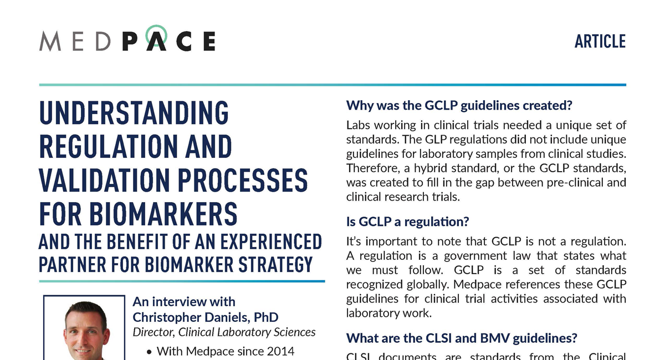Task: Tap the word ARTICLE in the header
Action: (600, 42)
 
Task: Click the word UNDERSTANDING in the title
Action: (134, 114)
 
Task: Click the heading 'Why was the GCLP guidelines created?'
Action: (458, 105)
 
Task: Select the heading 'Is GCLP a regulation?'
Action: (407, 222)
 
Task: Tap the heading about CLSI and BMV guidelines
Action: (461, 338)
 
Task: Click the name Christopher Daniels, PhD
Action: (205, 317)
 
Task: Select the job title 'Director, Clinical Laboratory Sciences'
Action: (224, 332)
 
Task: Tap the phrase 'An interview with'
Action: (184, 302)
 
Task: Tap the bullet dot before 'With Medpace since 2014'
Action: (149, 352)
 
